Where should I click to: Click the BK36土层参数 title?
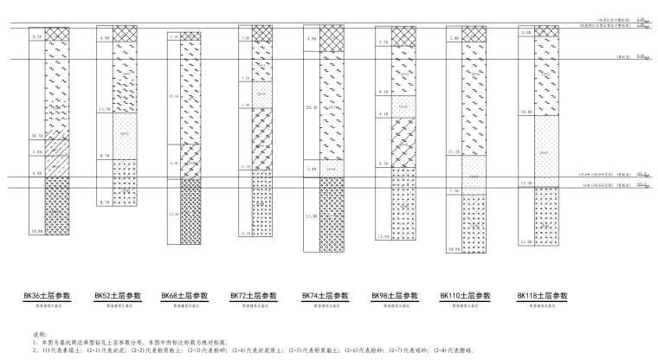click(x=46, y=295)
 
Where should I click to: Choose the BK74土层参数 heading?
click(x=325, y=295)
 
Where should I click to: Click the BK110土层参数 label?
click(x=465, y=295)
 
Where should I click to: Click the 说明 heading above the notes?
click(x=37, y=334)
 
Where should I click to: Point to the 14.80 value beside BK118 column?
click(x=526, y=112)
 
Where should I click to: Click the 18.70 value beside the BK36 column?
click(x=35, y=136)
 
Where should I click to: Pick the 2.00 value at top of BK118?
click(x=526, y=33)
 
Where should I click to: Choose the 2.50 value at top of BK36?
click(x=35, y=37)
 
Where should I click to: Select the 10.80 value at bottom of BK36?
click(x=35, y=232)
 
